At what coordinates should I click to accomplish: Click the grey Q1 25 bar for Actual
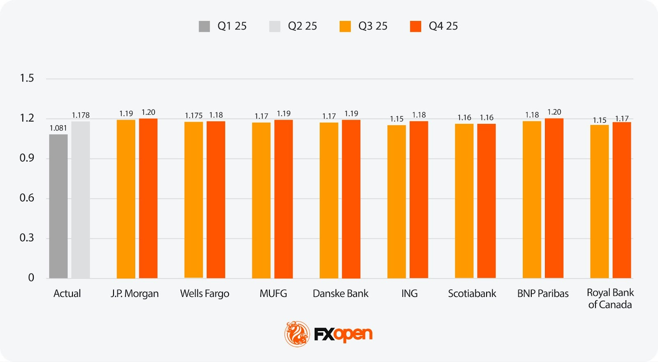(58, 206)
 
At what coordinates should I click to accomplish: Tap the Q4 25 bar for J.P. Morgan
(148, 198)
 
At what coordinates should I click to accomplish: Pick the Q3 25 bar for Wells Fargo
(194, 200)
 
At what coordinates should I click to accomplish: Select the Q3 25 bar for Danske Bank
(329, 200)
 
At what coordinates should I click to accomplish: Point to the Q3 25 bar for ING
(396, 201)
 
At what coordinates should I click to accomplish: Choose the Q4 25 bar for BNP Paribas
(554, 198)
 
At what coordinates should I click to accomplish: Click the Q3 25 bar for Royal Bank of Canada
(599, 201)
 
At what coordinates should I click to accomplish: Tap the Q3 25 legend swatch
(345, 26)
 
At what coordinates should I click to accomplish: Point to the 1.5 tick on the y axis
(27, 78)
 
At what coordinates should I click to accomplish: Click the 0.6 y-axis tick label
(27, 198)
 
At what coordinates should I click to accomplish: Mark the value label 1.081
(58, 128)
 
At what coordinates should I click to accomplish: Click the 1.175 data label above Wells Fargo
(193, 116)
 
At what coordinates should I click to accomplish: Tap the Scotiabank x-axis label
(472, 294)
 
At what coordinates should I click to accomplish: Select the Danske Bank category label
(341, 294)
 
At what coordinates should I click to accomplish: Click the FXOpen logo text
(343, 334)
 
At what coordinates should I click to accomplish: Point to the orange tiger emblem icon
(297, 334)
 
